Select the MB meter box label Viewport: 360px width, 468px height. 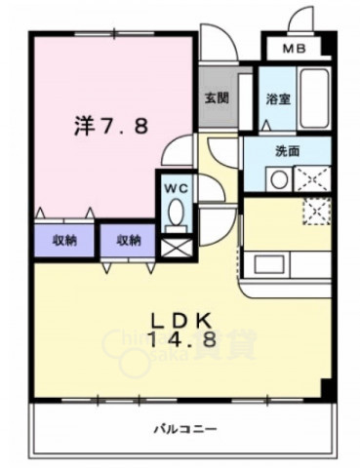click(x=293, y=49)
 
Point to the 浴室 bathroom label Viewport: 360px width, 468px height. click(x=277, y=98)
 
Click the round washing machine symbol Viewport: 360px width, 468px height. click(x=279, y=180)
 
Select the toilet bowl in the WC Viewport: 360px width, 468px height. click(x=177, y=212)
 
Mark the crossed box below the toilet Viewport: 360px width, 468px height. click(x=177, y=246)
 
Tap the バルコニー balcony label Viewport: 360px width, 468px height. click(x=184, y=430)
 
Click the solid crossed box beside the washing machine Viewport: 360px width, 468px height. click(x=313, y=179)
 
